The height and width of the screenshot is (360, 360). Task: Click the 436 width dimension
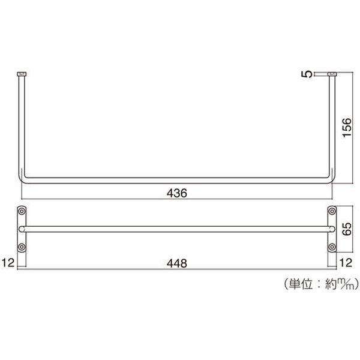(x=177, y=193)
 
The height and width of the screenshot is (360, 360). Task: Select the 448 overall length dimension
(x=177, y=263)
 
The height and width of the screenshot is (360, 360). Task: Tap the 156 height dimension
(x=347, y=128)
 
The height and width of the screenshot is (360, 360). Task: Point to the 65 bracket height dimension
(x=347, y=229)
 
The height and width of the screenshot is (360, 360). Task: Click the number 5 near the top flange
(x=307, y=74)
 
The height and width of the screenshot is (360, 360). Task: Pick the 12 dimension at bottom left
(x=8, y=263)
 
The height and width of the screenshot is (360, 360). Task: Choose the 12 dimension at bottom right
(x=346, y=263)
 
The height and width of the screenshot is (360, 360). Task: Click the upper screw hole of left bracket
(x=22, y=211)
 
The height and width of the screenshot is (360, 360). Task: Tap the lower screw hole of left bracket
(x=22, y=247)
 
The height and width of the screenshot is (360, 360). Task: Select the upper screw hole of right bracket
(x=332, y=211)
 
